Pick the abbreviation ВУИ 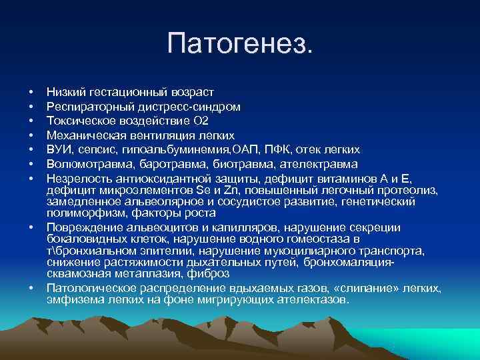pyautogui.click(x=57, y=149)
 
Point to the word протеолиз pyautogui.click(x=411, y=190)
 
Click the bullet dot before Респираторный pyautogui.click(x=31, y=107)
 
